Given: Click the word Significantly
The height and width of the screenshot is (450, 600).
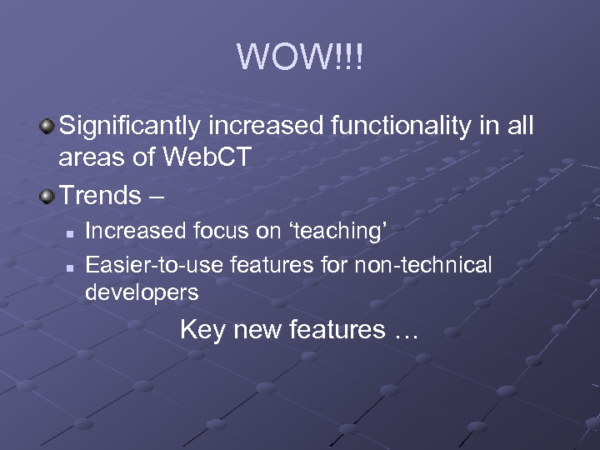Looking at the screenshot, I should pyautogui.click(x=131, y=127).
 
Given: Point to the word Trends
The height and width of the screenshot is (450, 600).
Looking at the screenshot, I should pyautogui.click(x=100, y=196).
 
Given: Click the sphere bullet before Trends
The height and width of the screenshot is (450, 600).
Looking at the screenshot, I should pyautogui.click(x=47, y=197).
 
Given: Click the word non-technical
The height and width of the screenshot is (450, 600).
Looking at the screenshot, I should pyautogui.click(x=424, y=266).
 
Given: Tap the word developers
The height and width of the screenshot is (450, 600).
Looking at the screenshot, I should pyautogui.click(x=142, y=292).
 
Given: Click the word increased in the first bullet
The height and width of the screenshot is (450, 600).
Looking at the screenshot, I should pyautogui.click(x=267, y=127).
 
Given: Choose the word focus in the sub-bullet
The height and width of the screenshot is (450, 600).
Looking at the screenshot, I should pyautogui.click(x=195, y=232).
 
